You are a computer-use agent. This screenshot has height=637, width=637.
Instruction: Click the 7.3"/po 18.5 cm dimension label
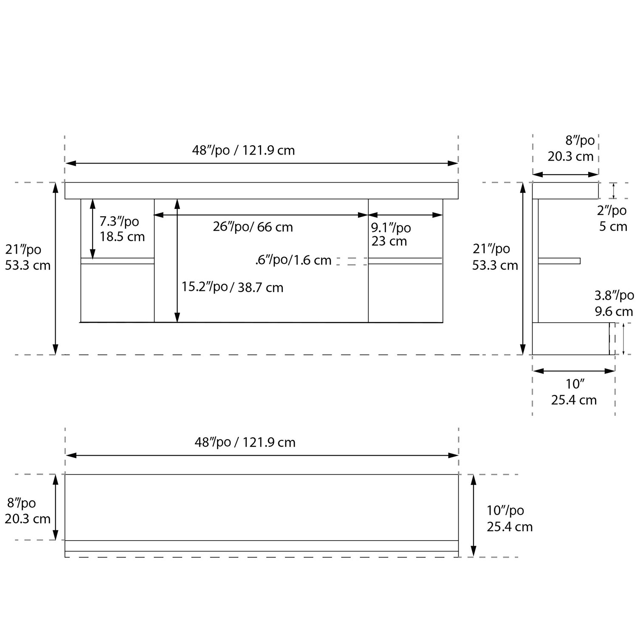(x=122, y=229)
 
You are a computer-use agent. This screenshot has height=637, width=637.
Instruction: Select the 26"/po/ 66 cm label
(x=253, y=227)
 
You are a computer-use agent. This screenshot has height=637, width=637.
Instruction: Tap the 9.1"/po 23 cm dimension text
(x=391, y=234)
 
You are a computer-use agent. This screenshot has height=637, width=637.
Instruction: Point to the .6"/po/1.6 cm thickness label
(x=293, y=260)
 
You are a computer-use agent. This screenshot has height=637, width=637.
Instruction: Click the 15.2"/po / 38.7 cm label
(x=232, y=287)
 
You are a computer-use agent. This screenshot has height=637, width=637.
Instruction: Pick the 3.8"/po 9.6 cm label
(x=614, y=303)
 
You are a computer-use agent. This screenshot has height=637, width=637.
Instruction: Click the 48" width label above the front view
(x=243, y=150)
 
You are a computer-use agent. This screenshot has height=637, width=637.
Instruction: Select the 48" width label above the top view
(x=245, y=442)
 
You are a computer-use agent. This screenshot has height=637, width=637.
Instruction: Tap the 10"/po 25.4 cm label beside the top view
(x=509, y=519)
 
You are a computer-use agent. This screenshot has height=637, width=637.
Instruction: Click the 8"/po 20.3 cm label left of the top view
(x=28, y=511)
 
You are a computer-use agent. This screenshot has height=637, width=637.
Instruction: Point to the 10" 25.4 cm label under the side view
(x=574, y=392)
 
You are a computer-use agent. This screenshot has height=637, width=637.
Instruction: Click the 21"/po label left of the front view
(x=28, y=257)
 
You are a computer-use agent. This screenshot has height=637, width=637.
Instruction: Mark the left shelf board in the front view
(x=118, y=261)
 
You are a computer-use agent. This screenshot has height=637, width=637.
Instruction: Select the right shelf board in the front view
(x=405, y=261)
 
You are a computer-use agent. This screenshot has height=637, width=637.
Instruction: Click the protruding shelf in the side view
(x=559, y=261)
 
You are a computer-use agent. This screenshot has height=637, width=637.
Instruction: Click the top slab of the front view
(x=262, y=191)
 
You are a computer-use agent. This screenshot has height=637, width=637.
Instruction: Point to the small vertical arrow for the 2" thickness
(x=614, y=191)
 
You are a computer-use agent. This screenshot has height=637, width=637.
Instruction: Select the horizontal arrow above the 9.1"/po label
(x=406, y=215)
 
